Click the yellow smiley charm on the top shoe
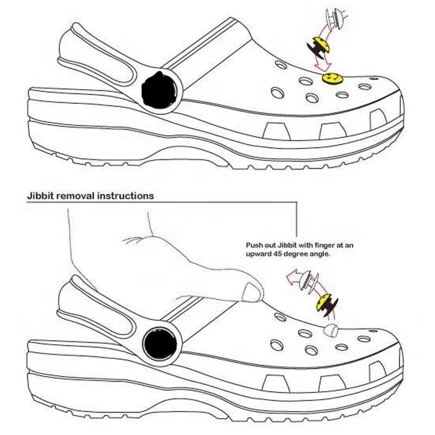tap(332, 78)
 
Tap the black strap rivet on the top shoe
tap(159, 90)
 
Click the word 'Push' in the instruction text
tap(254, 245)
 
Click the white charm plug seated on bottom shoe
tap(331, 330)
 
